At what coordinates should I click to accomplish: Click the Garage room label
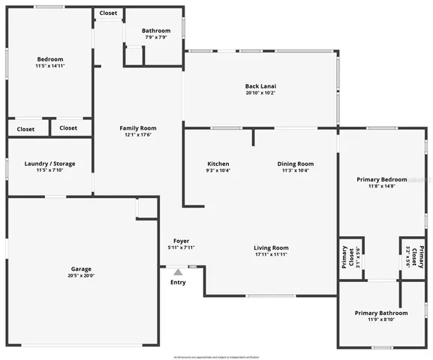tap(81, 268)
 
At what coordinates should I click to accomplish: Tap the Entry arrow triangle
tap(178, 272)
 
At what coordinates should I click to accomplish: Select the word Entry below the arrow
tap(178, 282)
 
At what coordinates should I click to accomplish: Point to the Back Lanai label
tap(260, 85)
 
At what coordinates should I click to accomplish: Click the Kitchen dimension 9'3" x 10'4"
tap(218, 170)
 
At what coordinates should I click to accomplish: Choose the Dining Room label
tap(296, 163)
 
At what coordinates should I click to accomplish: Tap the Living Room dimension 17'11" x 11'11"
tap(271, 254)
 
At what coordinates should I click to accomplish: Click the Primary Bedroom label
tap(382, 179)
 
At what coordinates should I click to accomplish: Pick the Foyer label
tap(181, 241)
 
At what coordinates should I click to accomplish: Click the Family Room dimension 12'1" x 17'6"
tap(138, 135)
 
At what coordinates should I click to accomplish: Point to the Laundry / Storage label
tap(50, 163)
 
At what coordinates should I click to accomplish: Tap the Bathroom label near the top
tap(156, 31)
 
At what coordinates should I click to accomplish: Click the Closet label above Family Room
tap(108, 13)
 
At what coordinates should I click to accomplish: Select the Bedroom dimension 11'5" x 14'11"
tap(50, 66)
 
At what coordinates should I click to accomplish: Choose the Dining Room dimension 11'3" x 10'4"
tap(296, 170)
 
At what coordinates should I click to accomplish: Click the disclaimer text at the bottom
tap(216, 356)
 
